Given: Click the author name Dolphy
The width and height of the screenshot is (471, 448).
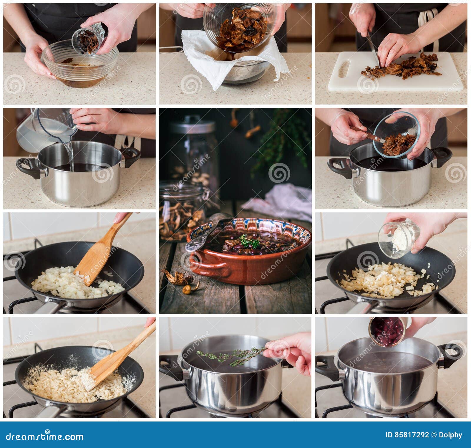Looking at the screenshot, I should coord(452,435).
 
